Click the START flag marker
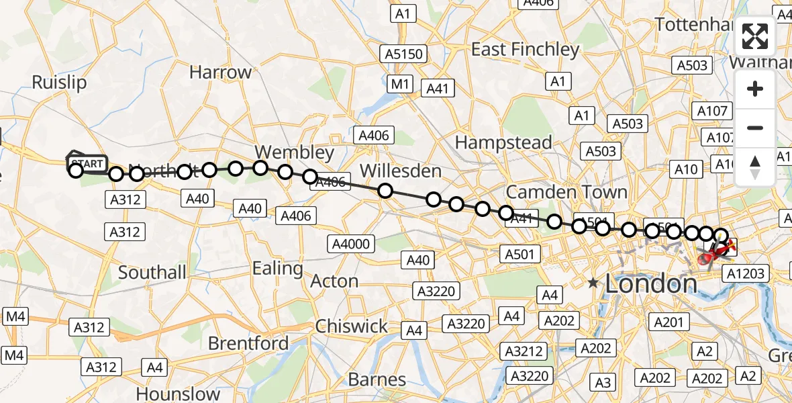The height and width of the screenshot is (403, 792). (x=86, y=163)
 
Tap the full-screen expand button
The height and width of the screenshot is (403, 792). (x=755, y=36)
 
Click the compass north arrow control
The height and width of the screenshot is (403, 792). (x=755, y=167)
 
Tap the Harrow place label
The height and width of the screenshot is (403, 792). (x=220, y=72)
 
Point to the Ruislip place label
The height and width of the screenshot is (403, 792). (x=60, y=83)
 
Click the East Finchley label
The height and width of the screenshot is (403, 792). (x=525, y=50)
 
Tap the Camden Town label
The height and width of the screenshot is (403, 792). (x=566, y=192)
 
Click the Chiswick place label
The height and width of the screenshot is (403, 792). (x=352, y=326)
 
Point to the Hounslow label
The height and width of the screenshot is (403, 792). (x=178, y=394)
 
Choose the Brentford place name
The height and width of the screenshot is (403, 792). (x=248, y=343)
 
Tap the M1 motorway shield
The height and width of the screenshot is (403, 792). (x=401, y=84)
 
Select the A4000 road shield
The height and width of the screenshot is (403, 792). (x=352, y=244)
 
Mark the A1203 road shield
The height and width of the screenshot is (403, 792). (x=745, y=273)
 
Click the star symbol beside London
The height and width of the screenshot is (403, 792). (x=593, y=283)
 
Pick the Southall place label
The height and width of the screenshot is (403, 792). (x=152, y=272)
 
